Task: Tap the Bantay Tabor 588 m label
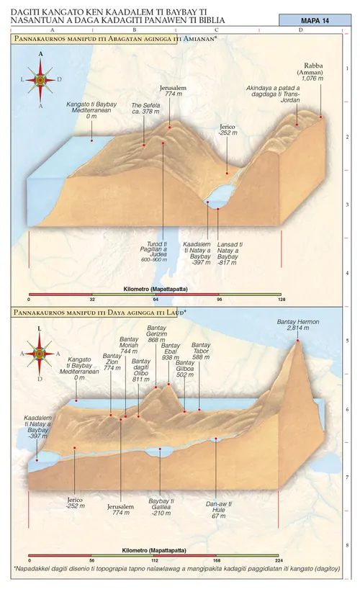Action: click(x=201, y=351)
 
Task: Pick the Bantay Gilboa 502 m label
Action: click(x=185, y=369)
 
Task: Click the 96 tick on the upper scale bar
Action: click(x=218, y=297)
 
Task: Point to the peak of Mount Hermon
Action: click(x=297, y=340)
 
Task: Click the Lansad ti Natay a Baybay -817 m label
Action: click(x=228, y=251)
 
